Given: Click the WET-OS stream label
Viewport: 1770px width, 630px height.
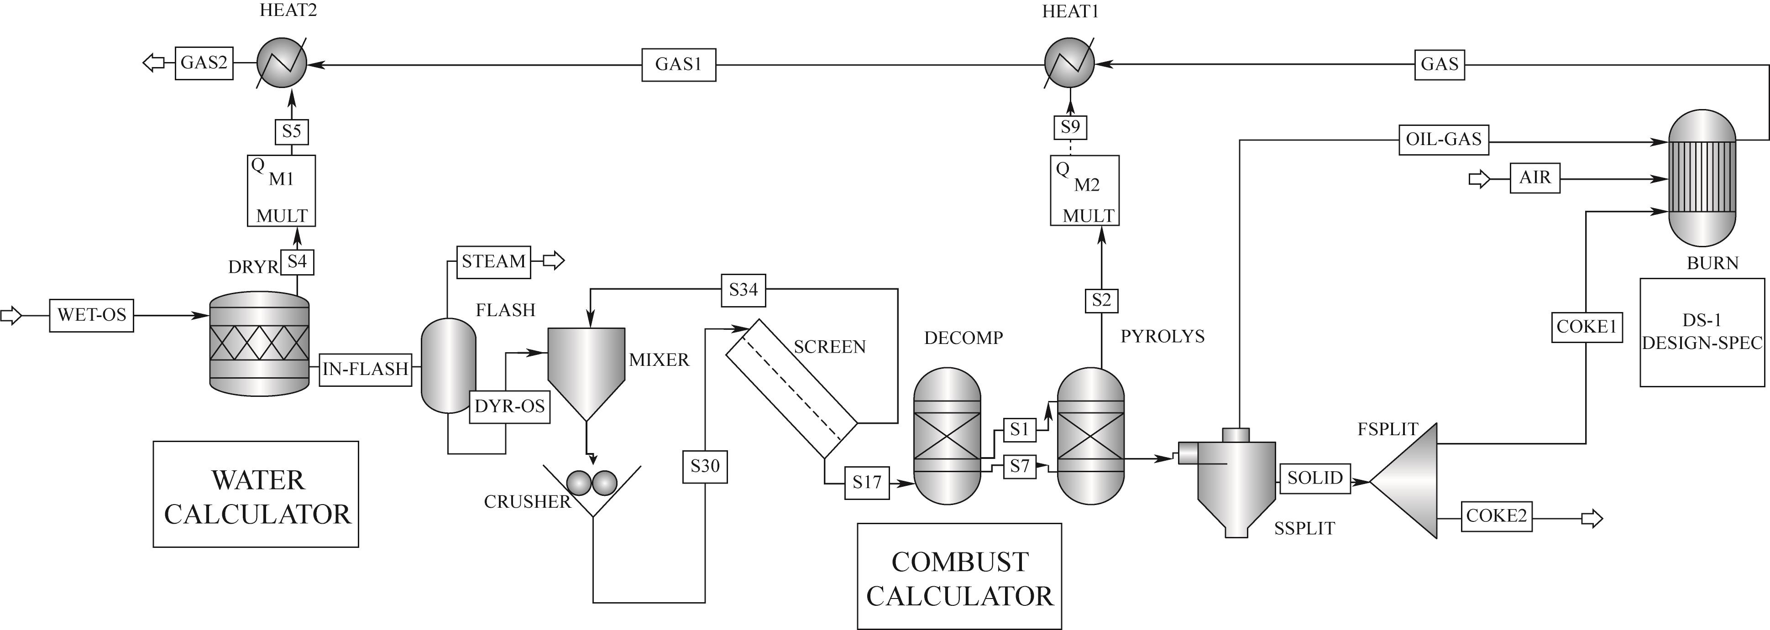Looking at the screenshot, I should (x=91, y=315).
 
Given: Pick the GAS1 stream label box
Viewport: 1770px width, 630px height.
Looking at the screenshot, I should (x=678, y=65).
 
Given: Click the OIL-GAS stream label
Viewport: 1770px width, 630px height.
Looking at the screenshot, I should (x=1443, y=140).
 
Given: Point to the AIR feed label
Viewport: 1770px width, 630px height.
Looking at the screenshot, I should (x=1534, y=178).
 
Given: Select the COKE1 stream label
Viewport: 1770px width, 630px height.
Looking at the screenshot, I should (x=1586, y=327).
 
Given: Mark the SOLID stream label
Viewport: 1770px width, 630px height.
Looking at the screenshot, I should (x=1314, y=478).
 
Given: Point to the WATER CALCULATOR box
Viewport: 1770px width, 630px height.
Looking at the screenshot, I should (x=256, y=494).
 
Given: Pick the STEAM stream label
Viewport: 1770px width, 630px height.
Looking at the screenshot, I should (x=493, y=262).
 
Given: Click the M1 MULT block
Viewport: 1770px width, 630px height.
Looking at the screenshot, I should (x=281, y=190).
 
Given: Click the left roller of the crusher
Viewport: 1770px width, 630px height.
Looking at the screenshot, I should (x=579, y=483).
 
